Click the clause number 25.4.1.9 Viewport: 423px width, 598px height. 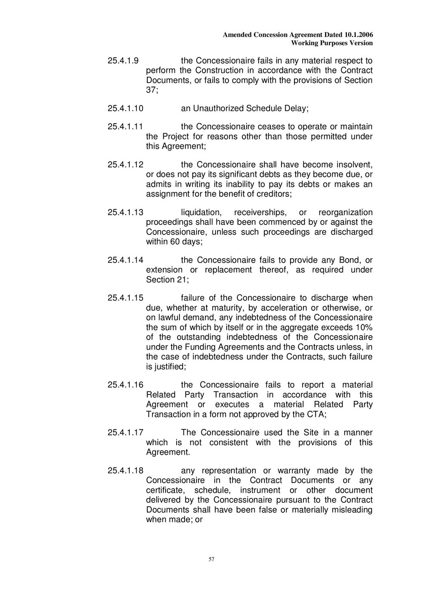[123, 61]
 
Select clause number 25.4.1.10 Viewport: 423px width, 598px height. [125, 109]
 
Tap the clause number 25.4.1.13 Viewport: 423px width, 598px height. [125, 213]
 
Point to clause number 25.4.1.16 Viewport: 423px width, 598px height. [125, 385]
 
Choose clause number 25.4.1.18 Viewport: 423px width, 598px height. [125, 471]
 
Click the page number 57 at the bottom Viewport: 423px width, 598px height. [211, 559]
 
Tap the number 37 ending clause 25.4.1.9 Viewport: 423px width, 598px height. [151, 90]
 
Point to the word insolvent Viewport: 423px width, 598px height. [354, 165]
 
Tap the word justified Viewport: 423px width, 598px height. [170, 367]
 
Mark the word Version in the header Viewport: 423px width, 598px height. [361, 43]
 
